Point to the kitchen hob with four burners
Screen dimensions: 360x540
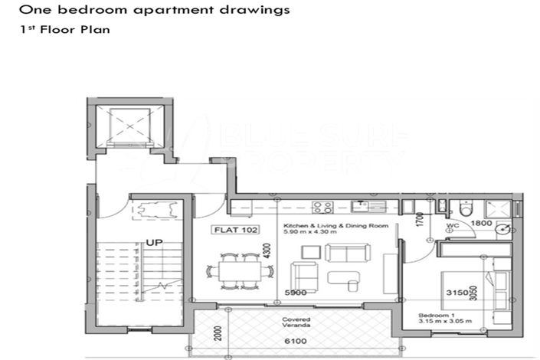(322, 206)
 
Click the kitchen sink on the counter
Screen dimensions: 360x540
(360, 205)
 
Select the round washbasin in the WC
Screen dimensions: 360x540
(502, 228)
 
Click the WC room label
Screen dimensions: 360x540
(453, 227)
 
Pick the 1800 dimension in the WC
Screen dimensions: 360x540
(481, 223)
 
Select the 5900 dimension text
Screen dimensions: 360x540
(296, 293)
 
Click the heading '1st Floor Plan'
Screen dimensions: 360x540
(65, 31)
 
